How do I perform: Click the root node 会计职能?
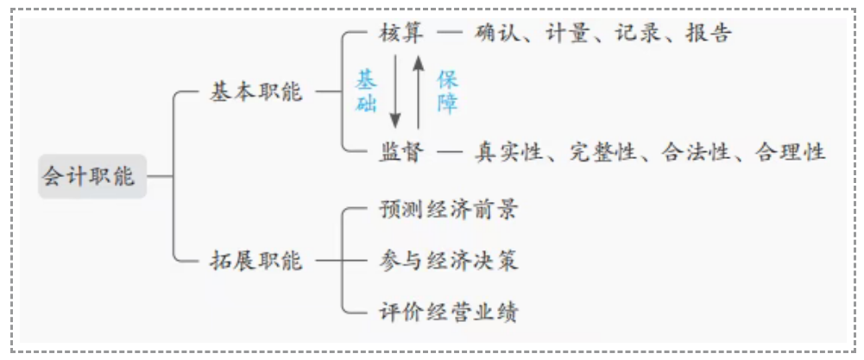click(89, 177)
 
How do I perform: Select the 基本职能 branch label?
click(255, 92)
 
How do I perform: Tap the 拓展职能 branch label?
click(255, 260)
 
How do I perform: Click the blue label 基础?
click(367, 92)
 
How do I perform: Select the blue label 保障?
click(447, 92)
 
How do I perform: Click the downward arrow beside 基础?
click(395, 92)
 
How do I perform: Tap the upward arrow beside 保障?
click(418, 92)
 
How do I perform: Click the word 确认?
click(496, 35)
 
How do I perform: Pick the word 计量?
click(568, 35)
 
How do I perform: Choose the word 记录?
click(638, 35)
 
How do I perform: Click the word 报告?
click(709, 35)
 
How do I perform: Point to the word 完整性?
click(602, 153)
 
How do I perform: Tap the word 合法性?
click(697, 153)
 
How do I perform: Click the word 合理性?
click(790, 153)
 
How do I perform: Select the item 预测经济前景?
click(448, 210)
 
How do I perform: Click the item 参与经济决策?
click(448, 260)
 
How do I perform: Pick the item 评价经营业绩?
click(448, 311)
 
